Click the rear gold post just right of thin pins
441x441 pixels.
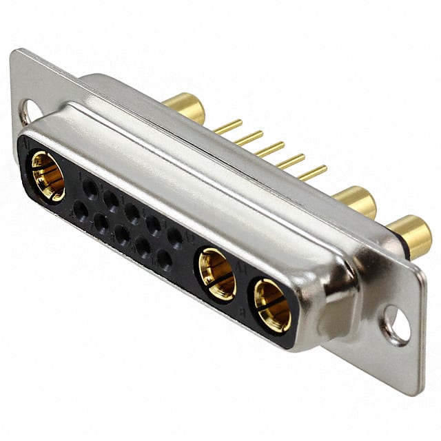[x=356, y=201]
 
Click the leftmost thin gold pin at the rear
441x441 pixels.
[x=227, y=127]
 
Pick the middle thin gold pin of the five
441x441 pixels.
[x=269, y=150]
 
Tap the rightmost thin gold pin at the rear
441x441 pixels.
[x=313, y=172]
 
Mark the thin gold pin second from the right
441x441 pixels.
[x=291, y=161]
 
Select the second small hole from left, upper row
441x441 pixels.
[x=111, y=199]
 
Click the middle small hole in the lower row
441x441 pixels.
[x=122, y=234]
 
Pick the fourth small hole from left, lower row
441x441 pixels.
[x=143, y=247]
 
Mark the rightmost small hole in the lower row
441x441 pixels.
[x=164, y=259]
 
